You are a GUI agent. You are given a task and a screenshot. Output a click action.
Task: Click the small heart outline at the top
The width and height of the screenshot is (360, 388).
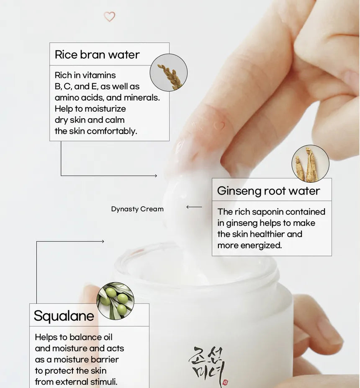coord(109,17)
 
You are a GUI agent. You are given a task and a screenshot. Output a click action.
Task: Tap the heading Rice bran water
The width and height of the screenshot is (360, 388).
coord(97,54)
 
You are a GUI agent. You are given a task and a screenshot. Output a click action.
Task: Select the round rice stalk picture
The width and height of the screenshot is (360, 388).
coord(169,72)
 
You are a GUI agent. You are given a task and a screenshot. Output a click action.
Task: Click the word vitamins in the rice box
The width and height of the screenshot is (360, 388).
coord(99,75)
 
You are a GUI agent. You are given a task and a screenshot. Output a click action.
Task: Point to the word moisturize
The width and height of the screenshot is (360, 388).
coord(105,109)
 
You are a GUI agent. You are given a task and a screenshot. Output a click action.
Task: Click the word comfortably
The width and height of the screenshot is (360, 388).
coord(112,131)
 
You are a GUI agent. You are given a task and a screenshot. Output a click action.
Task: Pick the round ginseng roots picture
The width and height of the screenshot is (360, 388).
coord(310,164)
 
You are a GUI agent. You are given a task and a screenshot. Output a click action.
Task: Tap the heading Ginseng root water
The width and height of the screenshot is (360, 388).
coord(268,191)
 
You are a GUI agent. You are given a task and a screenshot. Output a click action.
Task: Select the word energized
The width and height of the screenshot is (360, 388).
coord(261,246)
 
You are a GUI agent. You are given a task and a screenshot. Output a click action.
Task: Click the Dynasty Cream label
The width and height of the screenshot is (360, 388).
coord(137,209)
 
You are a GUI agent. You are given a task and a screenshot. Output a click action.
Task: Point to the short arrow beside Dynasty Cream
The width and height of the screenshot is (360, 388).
coord(194,207)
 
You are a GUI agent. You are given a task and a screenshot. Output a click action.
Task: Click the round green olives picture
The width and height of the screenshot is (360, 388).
coord(116,301)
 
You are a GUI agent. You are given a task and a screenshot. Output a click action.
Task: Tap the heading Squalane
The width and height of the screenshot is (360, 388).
coord(64,316)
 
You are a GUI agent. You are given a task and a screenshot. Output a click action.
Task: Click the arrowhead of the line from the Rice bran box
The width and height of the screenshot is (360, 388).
coord(155,176)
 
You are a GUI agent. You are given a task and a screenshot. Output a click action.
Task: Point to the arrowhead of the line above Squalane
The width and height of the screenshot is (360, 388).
coord(103,241)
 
